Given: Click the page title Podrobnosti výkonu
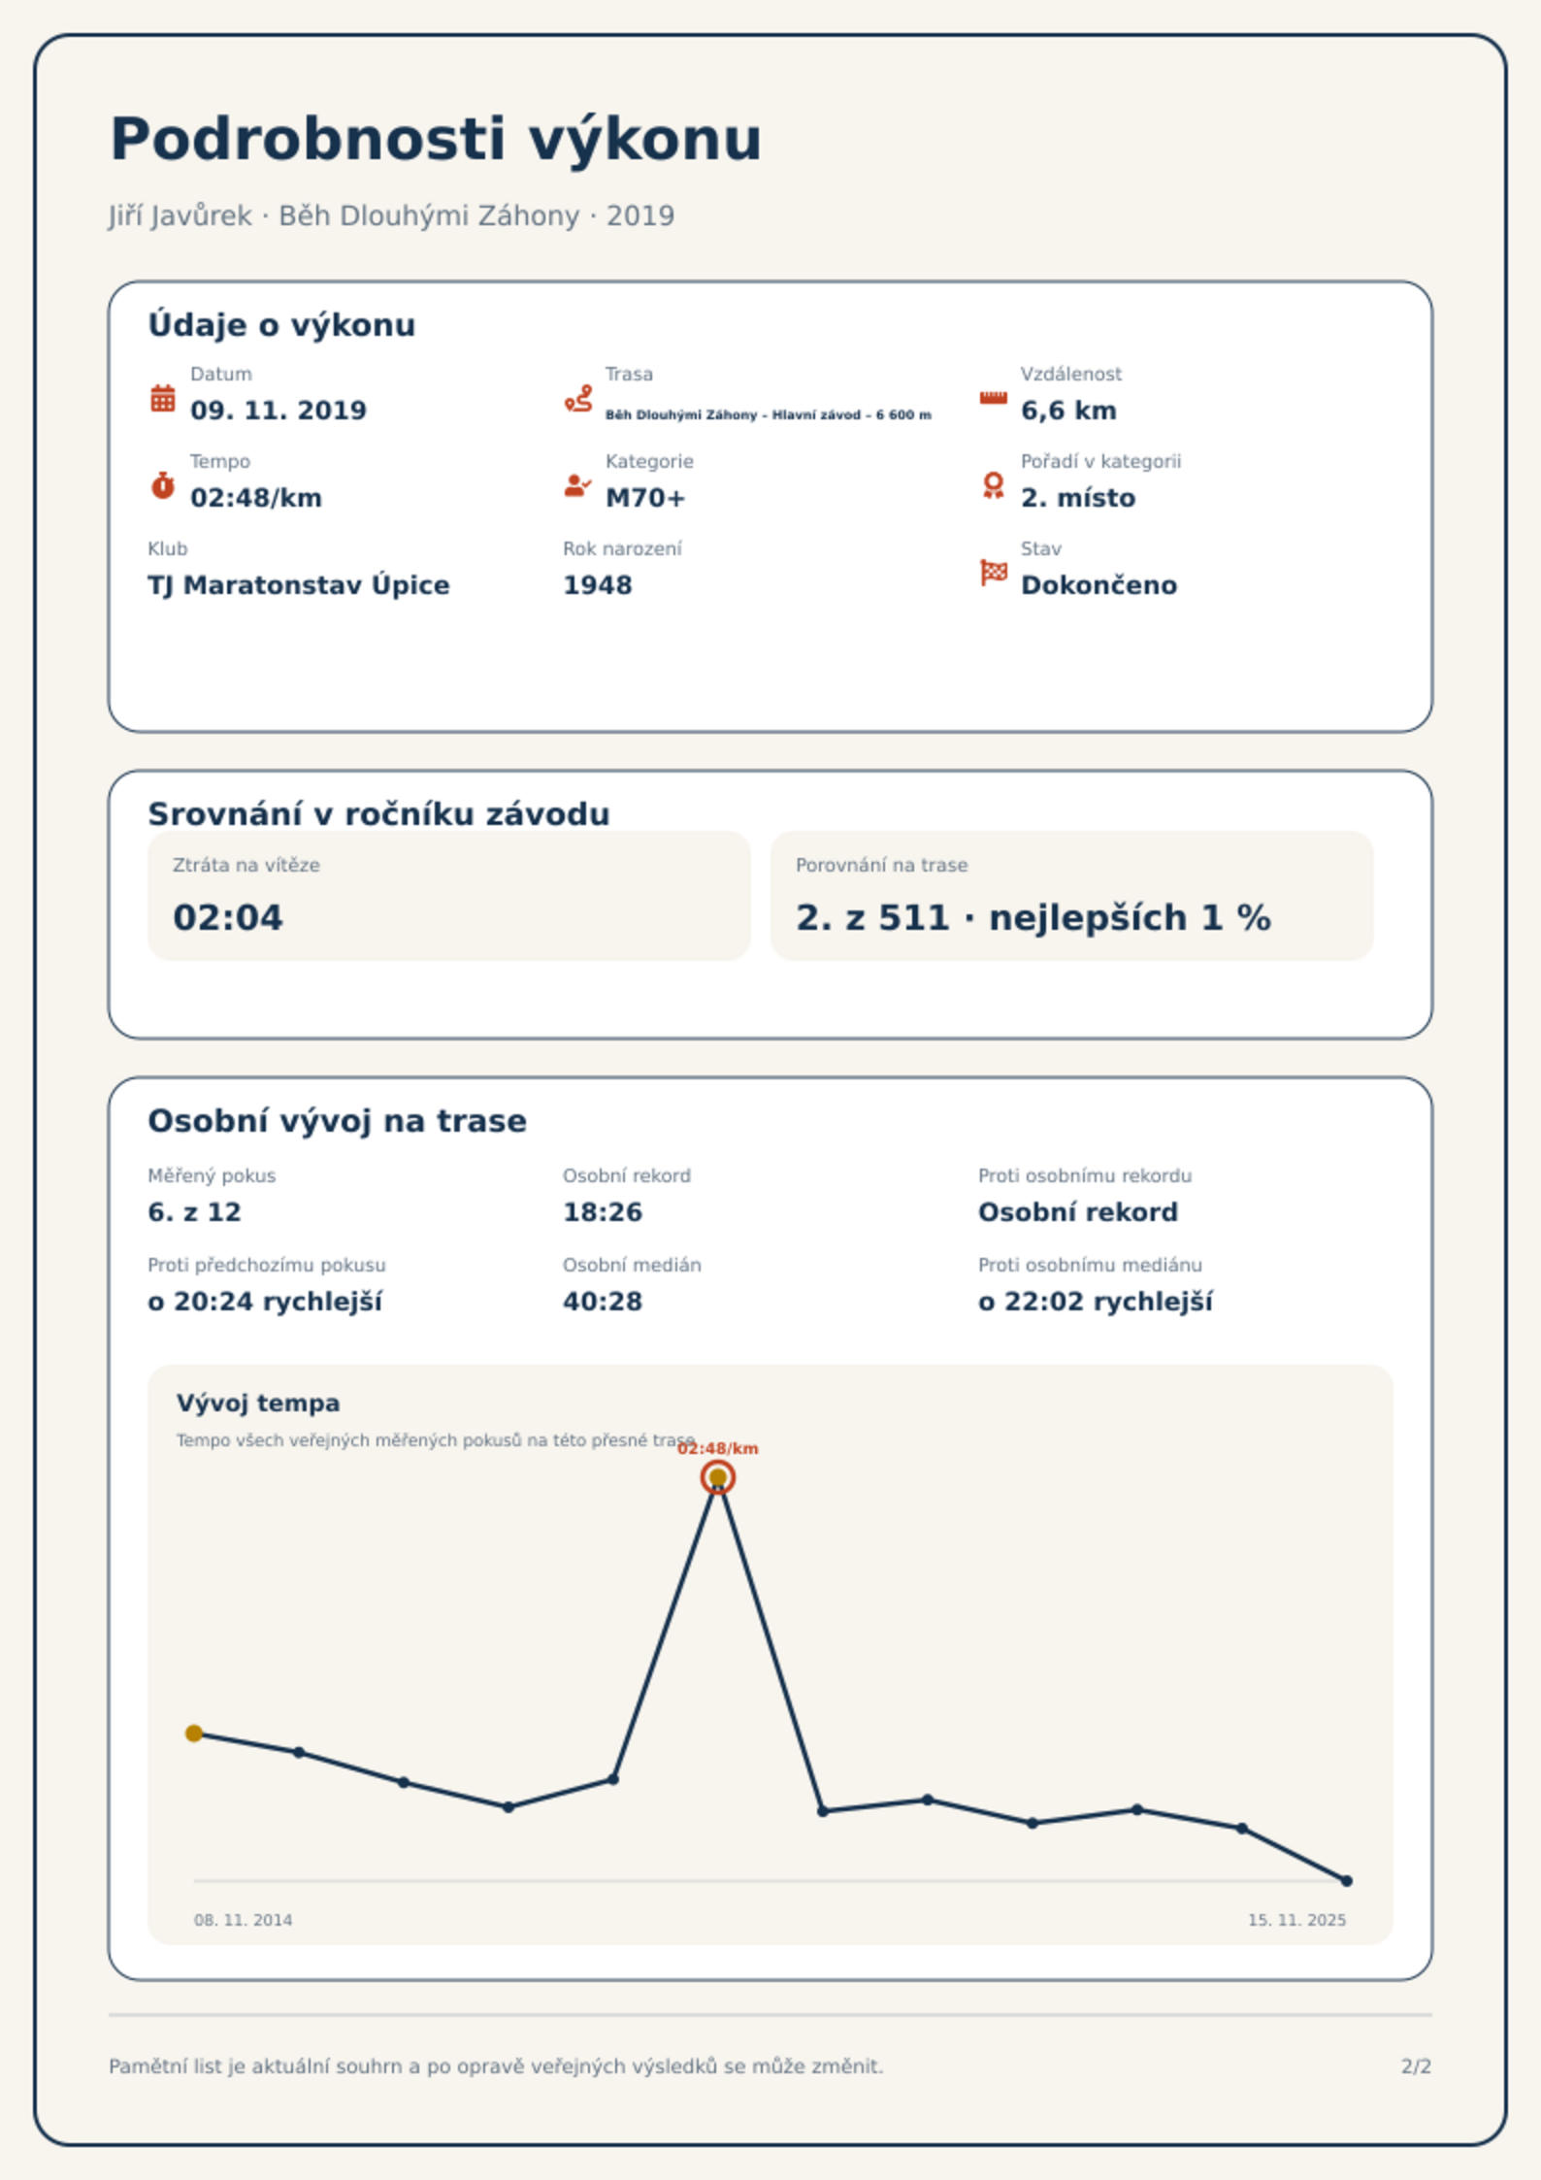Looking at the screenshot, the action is click(x=436, y=140).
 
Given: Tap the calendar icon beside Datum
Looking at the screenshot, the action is click(x=163, y=398).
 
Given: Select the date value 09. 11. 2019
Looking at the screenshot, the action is click(x=279, y=411).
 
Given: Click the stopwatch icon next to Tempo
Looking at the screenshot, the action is click(x=163, y=485).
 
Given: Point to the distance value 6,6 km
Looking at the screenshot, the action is click(x=1068, y=412).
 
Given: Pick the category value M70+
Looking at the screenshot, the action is click(x=645, y=498).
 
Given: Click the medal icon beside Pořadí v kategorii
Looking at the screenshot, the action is click(x=993, y=485).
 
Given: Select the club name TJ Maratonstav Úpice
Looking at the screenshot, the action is click(x=299, y=585).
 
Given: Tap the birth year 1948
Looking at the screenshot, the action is click(x=598, y=585).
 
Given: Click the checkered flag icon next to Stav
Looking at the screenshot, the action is click(x=994, y=573).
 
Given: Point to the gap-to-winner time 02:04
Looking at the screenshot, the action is click(x=228, y=918).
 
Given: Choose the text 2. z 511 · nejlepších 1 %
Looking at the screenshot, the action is click(x=1033, y=918).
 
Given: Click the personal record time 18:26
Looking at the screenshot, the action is click(x=603, y=1212).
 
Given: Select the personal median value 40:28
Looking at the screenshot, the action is click(x=603, y=1302).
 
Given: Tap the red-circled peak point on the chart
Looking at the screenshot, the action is click(x=718, y=1477).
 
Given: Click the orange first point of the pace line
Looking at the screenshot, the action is click(x=194, y=1734).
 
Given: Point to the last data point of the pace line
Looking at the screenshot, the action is click(x=1347, y=1881).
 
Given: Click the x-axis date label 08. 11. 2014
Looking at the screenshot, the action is click(x=244, y=1920).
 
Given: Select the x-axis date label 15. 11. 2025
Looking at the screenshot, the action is click(x=1297, y=1920).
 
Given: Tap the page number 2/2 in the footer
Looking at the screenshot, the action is click(x=1417, y=2066).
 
